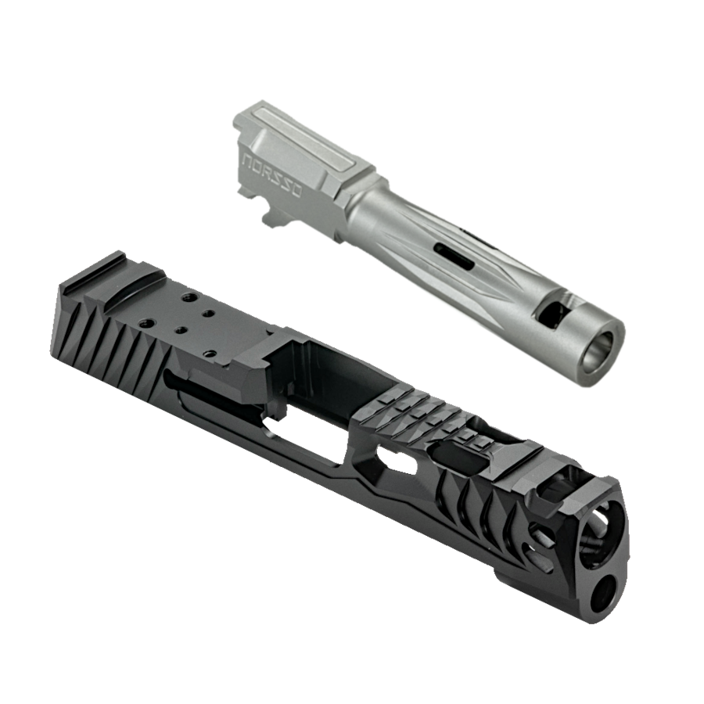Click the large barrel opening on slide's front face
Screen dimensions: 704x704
tap(598, 532)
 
